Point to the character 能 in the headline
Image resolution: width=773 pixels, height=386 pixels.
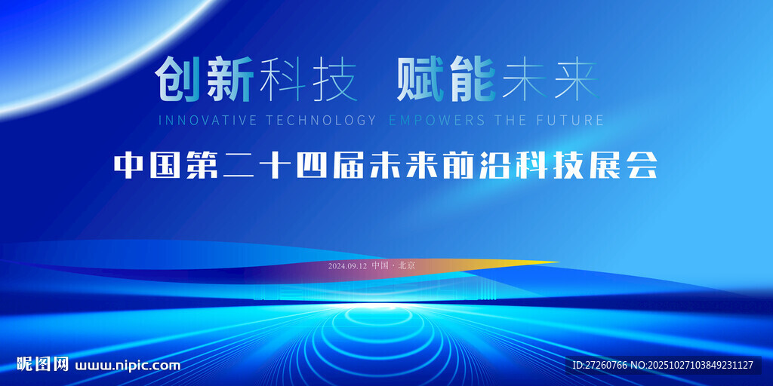(x=471, y=81)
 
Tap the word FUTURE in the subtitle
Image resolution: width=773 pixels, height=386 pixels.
(x=571, y=120)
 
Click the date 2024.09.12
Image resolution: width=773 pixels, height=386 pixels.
(x=347, y=266)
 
